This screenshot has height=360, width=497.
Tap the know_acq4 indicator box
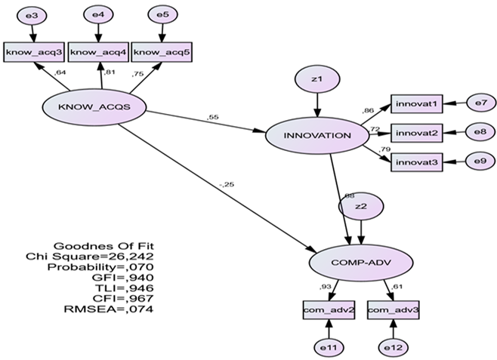[x=99, y=51]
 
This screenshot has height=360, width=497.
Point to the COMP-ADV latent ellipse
[x=361, y=263]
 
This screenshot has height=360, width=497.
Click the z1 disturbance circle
[x=316, y=78]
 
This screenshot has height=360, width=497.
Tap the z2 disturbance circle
[x=361, y=206]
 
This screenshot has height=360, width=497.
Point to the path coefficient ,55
[x=212, y=118]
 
